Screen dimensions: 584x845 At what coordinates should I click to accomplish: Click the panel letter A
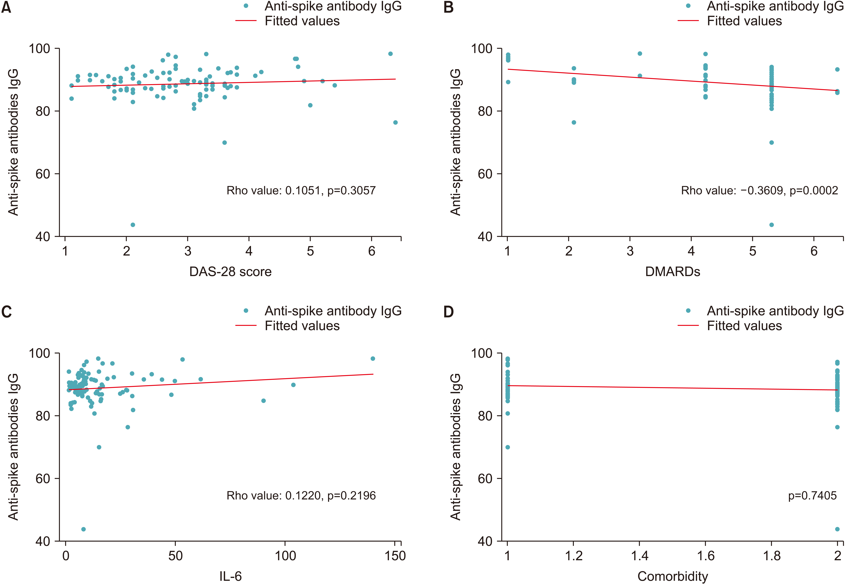pos(6,7)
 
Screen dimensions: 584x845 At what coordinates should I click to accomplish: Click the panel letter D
pos(448,312)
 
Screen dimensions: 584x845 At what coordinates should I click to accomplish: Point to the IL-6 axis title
pos(230,576)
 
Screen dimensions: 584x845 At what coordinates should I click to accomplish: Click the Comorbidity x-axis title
pos(672,576)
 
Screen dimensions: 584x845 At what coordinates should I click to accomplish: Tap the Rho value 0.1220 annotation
pos(301,495)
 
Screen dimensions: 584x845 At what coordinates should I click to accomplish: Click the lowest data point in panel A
pos(133,225)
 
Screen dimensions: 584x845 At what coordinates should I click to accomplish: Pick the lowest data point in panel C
pos(84,529)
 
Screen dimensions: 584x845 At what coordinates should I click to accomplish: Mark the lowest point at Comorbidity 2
pos(837,529)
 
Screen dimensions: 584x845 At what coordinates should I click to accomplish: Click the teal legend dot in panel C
pos(246,311)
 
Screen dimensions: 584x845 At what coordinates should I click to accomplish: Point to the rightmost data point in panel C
pos(373,359)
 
